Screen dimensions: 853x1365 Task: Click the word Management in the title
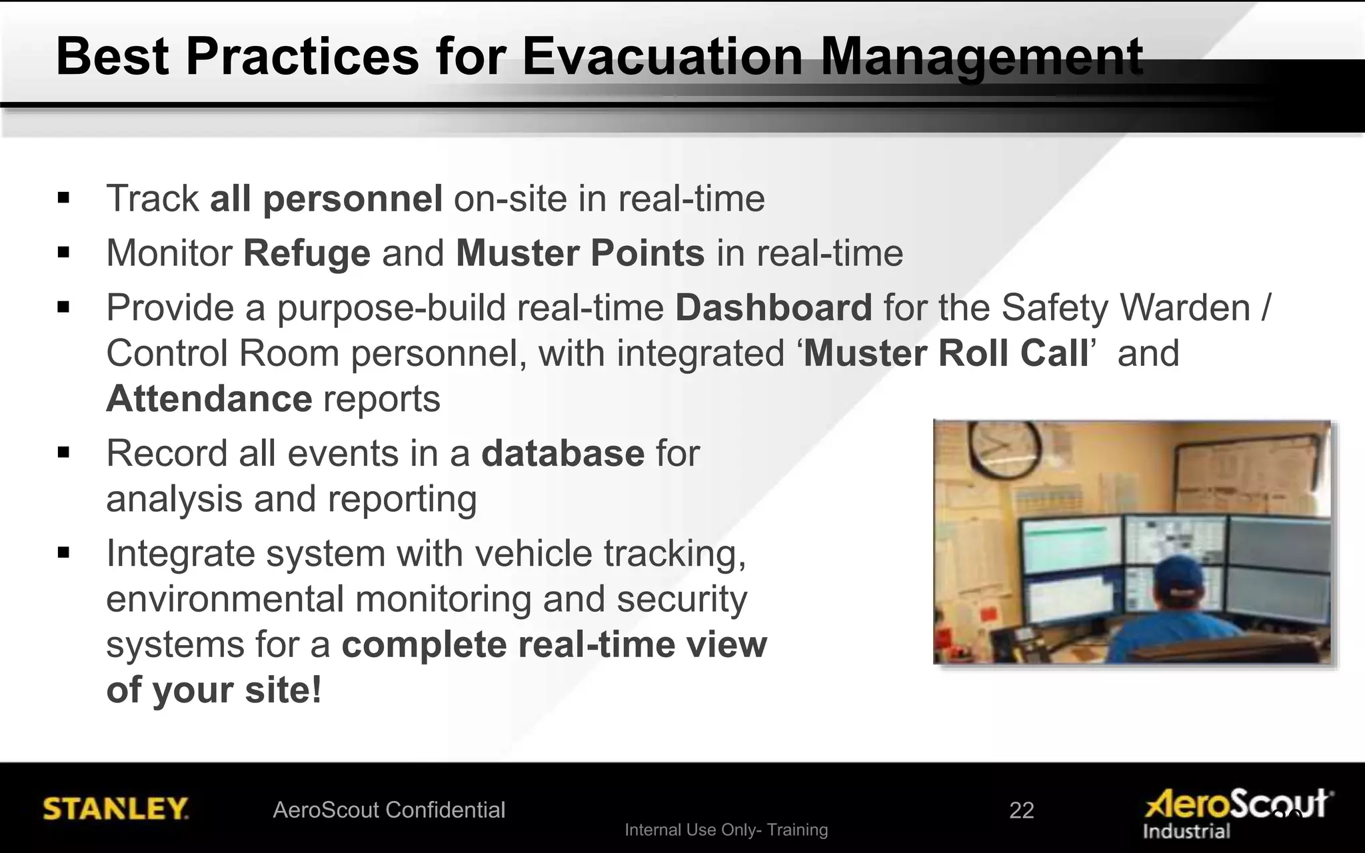coord(981,57)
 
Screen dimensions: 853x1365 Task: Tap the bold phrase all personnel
coord(326,199)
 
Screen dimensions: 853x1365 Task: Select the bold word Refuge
coord(307,253)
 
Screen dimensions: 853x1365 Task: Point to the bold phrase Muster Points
coord(580,253)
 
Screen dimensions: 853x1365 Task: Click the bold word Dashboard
coord(773,308)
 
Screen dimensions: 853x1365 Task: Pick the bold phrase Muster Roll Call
coord(946,353)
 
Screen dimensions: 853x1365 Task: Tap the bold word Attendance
coord(209,399)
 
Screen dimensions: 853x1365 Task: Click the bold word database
coord(563,454)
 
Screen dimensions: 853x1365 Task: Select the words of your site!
coord(214,690)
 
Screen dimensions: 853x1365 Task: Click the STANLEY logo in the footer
coord(115,809)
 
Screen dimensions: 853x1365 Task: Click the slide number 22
coord(1021,810)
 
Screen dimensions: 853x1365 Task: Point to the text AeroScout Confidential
coord(389,810)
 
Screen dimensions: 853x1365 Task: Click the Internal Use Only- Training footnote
coord(726,830)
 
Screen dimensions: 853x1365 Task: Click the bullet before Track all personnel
coord(64,198)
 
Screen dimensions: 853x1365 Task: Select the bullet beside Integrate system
coord(64,552)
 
